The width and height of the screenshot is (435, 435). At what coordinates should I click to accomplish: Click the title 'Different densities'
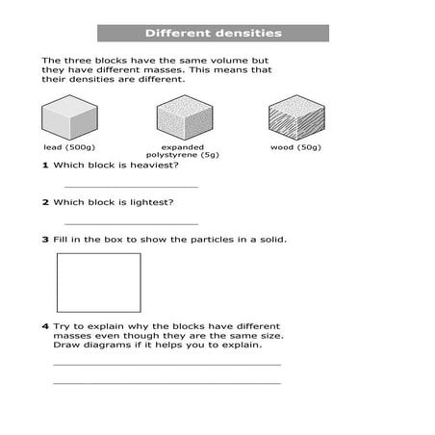214,34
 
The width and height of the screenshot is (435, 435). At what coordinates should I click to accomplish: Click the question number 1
44,166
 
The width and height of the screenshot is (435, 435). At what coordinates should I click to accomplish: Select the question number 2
44,202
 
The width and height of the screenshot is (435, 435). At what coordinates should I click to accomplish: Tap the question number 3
44,239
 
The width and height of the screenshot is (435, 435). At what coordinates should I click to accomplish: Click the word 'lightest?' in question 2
152,202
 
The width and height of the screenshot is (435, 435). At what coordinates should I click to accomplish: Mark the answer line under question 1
131,186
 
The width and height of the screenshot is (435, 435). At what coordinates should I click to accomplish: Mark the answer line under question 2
131,222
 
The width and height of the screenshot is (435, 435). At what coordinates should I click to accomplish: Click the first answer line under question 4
166,365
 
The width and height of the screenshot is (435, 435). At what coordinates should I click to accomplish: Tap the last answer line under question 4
166,383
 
